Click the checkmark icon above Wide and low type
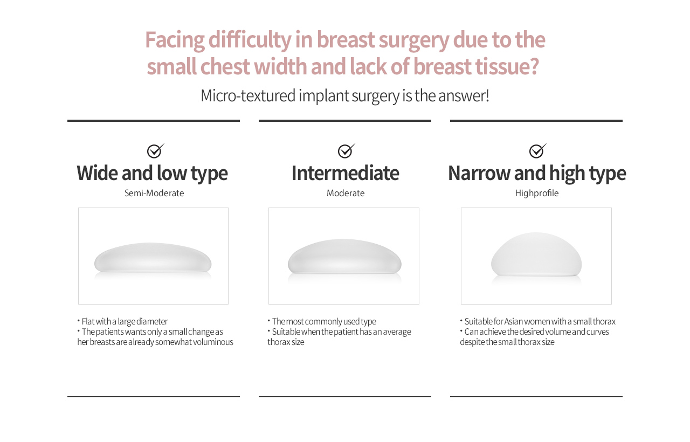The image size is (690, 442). [155, 150]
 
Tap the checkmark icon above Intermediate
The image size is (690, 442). [346, 150]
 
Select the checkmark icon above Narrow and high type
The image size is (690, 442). [537, 150]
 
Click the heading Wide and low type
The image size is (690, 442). [152, 174]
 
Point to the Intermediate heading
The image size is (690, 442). [346, 173]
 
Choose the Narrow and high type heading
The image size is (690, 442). [537, 174]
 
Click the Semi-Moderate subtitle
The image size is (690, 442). [154, 193]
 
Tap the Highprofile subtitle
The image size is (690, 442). [537, 193]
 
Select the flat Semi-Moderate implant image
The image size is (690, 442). [153, 258]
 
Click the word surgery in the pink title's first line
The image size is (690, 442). [413, 40]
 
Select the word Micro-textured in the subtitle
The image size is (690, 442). [248, 96]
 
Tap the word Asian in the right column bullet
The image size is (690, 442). [514, 321]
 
